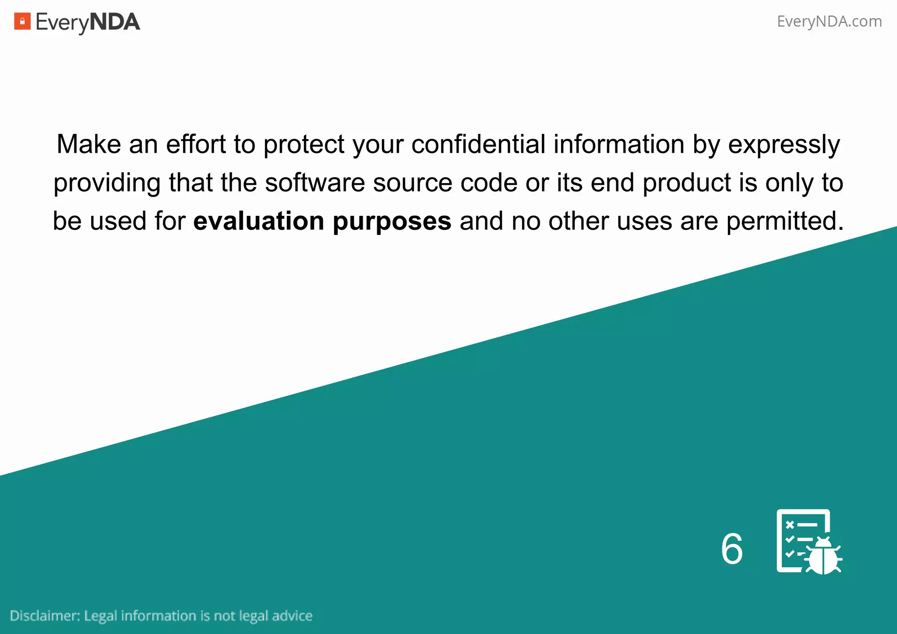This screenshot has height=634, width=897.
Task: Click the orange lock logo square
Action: coord(22,21)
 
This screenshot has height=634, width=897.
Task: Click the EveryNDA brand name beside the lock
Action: coord(88,22)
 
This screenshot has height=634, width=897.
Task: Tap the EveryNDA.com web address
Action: coord(829,21)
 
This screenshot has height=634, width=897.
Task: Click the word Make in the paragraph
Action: coord(88,144)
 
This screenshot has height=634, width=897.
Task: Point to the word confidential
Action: coord(478,144)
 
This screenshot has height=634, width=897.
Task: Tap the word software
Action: coord(315,183)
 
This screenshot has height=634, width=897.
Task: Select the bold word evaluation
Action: coord(259,221)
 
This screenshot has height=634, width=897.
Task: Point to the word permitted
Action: coord(784,221)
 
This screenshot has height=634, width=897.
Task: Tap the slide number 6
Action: coord(732,549)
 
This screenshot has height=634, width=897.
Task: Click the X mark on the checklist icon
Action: coord(790,525)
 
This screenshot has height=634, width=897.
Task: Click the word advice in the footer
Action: coord(292,616)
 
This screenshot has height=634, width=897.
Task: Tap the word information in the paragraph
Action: coord(618,144)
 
